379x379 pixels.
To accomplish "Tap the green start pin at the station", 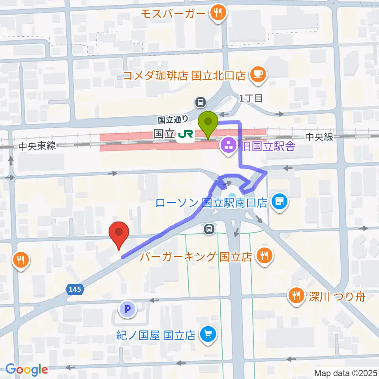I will coord(208,123).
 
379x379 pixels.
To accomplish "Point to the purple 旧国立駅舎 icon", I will coord(228,147).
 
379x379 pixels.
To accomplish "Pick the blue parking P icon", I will coord(127,310).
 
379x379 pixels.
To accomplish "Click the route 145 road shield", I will coord(75,289).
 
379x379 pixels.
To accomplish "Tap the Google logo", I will coord(26,370).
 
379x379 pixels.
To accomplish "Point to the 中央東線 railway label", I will coord(38,146).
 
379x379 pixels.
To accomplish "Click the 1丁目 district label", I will coord(250,98).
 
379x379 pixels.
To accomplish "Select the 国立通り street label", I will coord(173,119).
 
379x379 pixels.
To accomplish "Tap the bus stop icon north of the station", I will coord(201,102).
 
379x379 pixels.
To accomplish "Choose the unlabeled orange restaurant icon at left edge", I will coord(20,260).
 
